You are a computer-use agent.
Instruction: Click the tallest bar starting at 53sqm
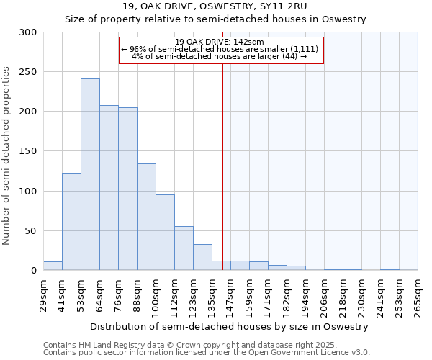(90, 175)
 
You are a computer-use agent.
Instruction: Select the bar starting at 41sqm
(71, 222)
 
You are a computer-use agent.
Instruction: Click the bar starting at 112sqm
(184, 248)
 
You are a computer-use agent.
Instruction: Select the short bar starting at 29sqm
(53, 266)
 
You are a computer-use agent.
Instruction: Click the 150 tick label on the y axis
(29, 152)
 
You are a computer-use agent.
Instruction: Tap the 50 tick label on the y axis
(32, 231)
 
